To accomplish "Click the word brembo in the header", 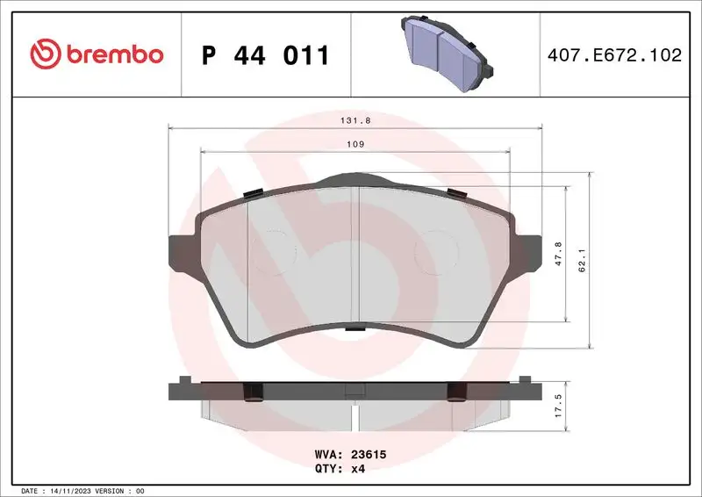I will click(111, 54).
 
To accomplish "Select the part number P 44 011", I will click(265, 55).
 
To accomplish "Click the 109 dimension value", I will click(355, 144).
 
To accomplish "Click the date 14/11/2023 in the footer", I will click(73, 490).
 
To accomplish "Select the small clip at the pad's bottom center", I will click(355, 328).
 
